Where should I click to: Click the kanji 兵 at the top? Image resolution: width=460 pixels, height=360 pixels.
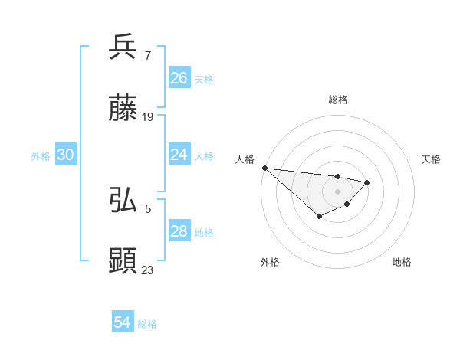click(123, 47)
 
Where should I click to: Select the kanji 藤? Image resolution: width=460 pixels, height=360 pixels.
click(123, 109)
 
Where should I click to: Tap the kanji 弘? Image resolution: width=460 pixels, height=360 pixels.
click(123, 200)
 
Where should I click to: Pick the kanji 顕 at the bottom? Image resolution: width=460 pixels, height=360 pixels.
click(123, 261)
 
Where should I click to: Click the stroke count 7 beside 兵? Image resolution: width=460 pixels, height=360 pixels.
click(147, 55)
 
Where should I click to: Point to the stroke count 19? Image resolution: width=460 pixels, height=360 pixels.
click(148, 117)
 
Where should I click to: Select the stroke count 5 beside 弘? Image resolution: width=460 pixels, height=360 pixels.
click(147, 208)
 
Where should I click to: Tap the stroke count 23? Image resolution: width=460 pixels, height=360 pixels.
click(148, 270)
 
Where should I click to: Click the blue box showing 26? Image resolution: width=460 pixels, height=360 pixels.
click(179, 78)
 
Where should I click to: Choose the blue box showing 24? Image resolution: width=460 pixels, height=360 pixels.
click(179, 155)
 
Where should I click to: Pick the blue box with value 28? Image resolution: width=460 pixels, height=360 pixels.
click(179, 231)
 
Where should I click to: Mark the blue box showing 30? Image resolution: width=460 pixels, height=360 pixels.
click(66, 155)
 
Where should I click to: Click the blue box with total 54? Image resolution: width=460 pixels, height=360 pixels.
click(123, 322)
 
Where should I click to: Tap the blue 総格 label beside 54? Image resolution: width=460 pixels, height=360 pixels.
click(147, 324)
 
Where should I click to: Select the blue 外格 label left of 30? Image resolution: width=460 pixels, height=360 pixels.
click(41, 156)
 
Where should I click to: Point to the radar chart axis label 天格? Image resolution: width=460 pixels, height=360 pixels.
click(431, 159)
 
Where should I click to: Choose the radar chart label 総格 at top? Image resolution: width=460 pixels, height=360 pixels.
click(338, 100)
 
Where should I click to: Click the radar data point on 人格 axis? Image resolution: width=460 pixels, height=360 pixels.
click(264, 168)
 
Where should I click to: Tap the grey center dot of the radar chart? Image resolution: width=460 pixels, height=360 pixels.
click(338, 191)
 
